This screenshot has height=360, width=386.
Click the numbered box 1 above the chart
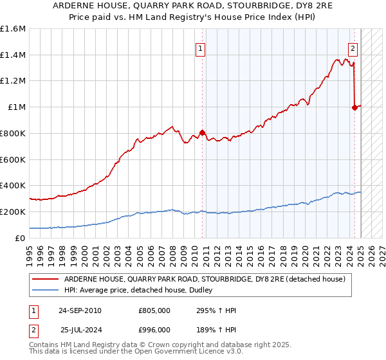pos(201,48)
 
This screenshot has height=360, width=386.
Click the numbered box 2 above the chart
pos(353,48)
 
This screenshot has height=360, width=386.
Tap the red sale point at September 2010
pos(202,133)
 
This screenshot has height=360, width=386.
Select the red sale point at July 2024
pos(354,108)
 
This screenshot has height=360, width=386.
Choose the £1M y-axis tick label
pos(17,107)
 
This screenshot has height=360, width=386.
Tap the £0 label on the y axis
pos(21,238)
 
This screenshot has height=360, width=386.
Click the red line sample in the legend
pos(45,279)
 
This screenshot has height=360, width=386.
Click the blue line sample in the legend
pos(45,291)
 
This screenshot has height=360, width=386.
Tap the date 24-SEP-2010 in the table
pos(80,310)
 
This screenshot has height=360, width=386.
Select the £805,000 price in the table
pos(154,310)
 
